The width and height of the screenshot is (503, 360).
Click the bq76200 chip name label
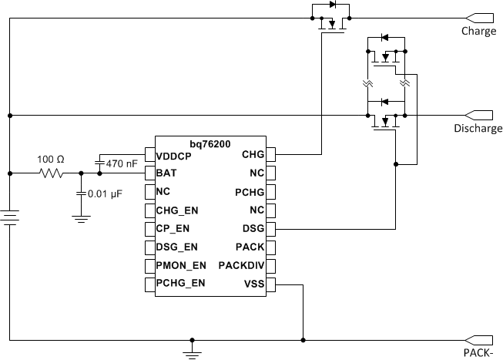tap(211, 144)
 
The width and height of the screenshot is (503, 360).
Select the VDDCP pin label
tap(174, 155)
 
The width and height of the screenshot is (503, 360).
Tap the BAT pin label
tap(166, 173)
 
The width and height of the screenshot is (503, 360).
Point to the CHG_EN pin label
tap(176, 210)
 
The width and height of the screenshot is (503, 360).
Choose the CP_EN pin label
tap(174, 229)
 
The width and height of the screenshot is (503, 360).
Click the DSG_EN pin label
tap(176, 247)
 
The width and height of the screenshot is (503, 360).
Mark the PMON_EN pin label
tap(179, 266)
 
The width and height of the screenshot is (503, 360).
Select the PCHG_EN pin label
tap(180, 284)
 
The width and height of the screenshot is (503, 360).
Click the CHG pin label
tap(253, 155)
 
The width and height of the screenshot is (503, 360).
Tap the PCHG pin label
tap(250, 192)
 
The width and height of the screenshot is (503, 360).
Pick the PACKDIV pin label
tap(242, 266)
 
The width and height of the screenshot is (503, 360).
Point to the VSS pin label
tap(253, 284)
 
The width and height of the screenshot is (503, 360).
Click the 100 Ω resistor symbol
tap(52, 174)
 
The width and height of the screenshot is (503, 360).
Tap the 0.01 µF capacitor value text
tap(106, 195)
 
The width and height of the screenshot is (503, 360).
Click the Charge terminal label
tap(478, 32)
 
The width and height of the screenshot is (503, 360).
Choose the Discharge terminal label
tap(478, 129)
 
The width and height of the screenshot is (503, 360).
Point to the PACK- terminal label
tap(478, 352)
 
